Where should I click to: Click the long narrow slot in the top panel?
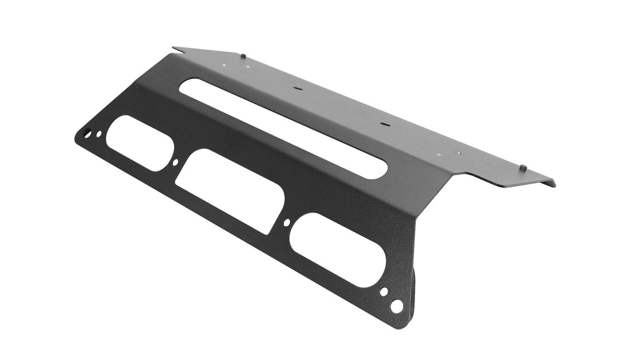[284, 129]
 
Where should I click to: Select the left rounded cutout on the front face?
[140, 143]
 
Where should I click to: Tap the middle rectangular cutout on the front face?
[230, 191]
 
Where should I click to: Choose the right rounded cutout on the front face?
[337, 250]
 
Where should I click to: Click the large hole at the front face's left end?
[88, 133]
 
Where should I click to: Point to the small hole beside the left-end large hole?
[98, 133]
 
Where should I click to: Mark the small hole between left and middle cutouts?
[175, 163]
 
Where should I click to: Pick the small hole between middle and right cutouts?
[287, 222]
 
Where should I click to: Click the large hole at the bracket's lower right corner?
[397, 305]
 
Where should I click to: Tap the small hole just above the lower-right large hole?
[384, 292]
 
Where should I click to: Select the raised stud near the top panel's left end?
[244, 55]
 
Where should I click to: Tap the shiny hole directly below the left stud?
[248, 68]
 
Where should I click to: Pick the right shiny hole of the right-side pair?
[459, 153]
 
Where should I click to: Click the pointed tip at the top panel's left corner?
[174, 47]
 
